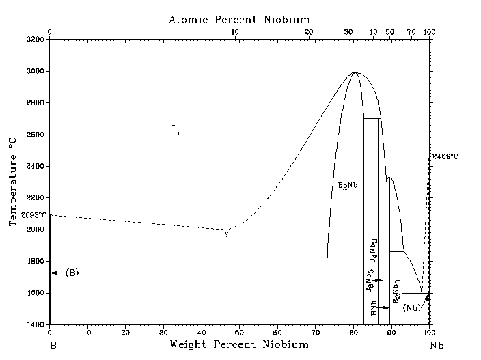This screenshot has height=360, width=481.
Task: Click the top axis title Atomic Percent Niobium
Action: (x=239, y=20)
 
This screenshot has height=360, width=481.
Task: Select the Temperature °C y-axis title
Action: (x=12, y=182)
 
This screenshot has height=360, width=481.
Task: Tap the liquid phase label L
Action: (x=176, y=131)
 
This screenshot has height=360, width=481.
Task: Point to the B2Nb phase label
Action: (x=348, y=186)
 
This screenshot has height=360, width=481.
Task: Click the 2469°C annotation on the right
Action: (x=445, y=157)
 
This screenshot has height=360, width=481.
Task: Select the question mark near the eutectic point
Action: (x=226, y=235)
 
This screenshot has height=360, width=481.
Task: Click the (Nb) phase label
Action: (x=411, y=308)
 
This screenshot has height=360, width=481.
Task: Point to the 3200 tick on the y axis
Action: (x=34, y=40)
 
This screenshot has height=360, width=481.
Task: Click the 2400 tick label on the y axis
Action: (x=34, y=166)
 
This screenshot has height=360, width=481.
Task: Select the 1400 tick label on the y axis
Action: (x=34, y=324)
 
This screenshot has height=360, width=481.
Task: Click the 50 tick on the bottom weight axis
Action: (x=239, y=333)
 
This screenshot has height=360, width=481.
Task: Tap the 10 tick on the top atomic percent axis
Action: (x=235, y=32)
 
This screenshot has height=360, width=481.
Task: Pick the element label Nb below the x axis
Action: (x=437, y=346)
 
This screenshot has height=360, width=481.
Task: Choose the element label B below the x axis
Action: (x=52, y=346)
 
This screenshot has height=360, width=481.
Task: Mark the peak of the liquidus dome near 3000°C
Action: (x=355, y=72)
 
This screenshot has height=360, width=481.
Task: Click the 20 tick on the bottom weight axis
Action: (x=125, y=333)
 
